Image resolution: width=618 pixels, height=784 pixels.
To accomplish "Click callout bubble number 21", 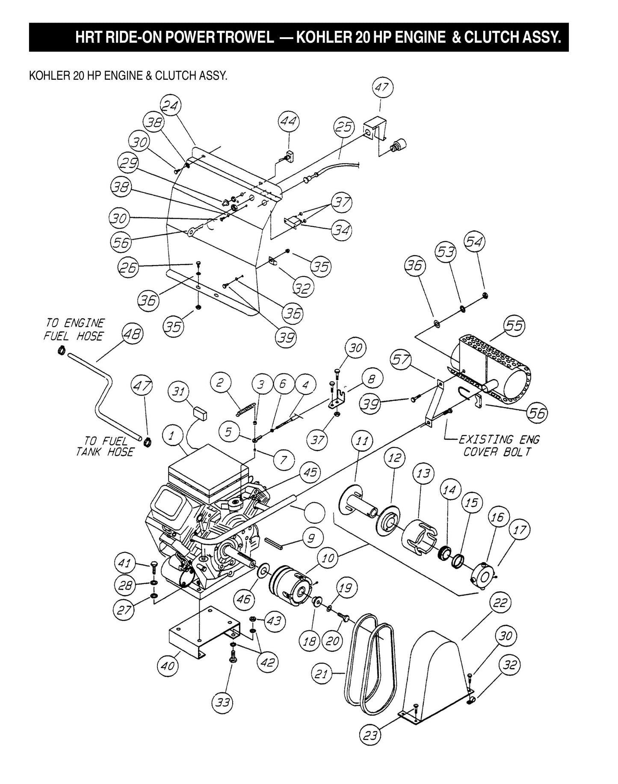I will click(x=321, y=675).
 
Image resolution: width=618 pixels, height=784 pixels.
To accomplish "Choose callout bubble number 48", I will click(x=133, y=334).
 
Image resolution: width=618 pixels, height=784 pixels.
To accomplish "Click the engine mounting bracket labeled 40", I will click(x=203, y=629).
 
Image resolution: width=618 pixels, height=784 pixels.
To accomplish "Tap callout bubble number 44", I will click(x=289, y=122).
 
